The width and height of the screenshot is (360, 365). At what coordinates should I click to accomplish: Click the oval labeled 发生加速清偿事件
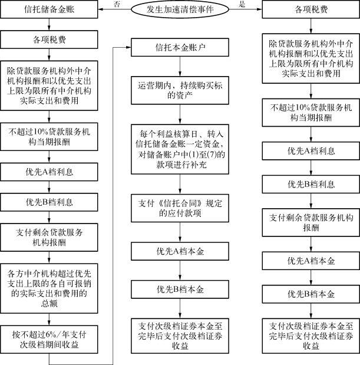point(180,9)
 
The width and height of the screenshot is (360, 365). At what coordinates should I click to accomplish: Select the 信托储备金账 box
point(49,9)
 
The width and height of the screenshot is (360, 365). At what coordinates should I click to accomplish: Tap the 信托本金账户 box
point(180,48)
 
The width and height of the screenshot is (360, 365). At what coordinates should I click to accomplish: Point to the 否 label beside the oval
point(117,4)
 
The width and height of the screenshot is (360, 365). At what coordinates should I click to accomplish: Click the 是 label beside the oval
point(242,4)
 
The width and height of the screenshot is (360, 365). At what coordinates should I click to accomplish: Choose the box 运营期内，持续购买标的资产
point(180,90)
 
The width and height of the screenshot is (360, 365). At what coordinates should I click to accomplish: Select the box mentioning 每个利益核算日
point(180,149)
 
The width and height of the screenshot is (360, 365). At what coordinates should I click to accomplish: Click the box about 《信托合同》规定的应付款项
point(180,208)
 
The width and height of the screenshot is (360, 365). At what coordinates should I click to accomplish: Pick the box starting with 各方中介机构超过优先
point(49,288)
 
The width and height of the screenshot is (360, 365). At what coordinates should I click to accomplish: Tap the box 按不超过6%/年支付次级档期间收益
point(49,340)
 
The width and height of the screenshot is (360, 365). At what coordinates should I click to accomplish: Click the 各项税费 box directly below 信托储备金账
point(49,40)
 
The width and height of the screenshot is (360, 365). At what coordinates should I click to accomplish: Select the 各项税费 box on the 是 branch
point(311,9)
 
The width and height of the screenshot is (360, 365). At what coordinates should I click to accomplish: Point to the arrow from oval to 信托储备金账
point(114,9)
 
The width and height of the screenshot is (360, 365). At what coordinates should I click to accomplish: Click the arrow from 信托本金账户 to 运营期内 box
point(180,67)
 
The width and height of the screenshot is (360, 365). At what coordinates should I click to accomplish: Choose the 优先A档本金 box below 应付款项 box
point(180,251)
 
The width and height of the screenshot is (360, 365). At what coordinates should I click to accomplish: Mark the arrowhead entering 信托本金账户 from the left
point(128,47)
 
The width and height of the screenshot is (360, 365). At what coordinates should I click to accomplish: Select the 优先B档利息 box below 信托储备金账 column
point(49,202)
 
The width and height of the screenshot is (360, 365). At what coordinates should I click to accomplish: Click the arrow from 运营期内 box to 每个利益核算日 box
point(180,114)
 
